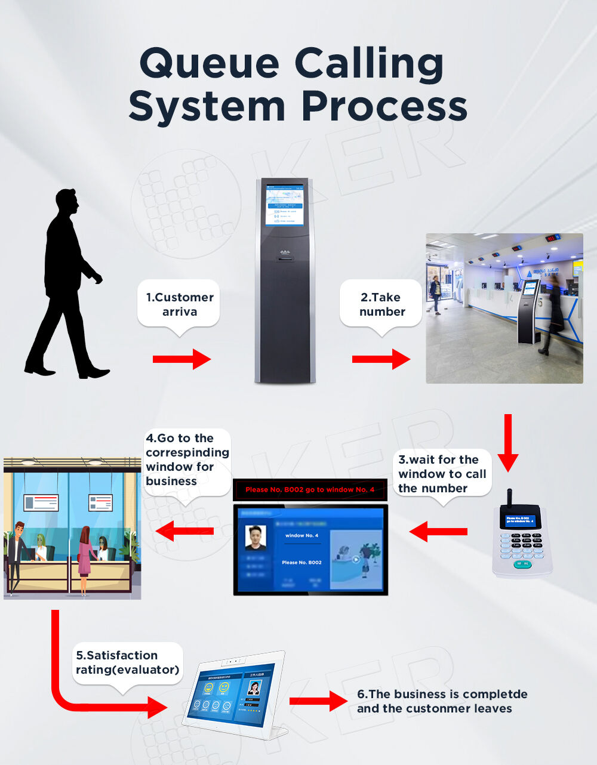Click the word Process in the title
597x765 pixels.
tap(384, 107)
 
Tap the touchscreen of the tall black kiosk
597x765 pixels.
tap(284, 205)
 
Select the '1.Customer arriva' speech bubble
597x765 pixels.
tap(179, 304)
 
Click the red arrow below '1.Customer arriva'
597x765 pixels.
tap(181, 359)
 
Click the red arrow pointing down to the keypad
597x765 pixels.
tap(508, 442)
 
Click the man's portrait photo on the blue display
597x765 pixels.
tap(256, 537)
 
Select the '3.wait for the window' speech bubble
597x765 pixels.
tap(442, 474)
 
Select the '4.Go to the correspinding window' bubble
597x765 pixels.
tap(187, 459)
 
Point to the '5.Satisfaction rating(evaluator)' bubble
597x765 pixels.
tap(127, 663)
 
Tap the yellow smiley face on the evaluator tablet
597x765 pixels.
tap(209, 688)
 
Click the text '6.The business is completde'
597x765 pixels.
tap(442, 694)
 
